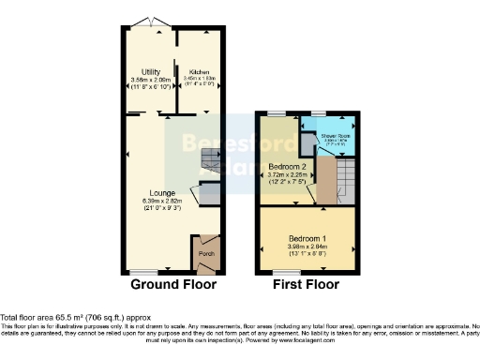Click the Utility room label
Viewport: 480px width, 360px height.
coord(150,72)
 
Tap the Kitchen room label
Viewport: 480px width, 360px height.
coord(199,72)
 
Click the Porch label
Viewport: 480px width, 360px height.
coord(204,252)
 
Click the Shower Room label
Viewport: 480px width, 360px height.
coord(337,136)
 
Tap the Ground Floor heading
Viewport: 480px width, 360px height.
coord(173,284)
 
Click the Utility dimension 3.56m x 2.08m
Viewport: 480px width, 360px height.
coord(150,81)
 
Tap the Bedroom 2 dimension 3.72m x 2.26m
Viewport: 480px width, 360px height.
coord(286,175)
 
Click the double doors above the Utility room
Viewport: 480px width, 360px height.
coord(148,22)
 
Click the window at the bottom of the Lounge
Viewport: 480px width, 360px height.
coord(148,272)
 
